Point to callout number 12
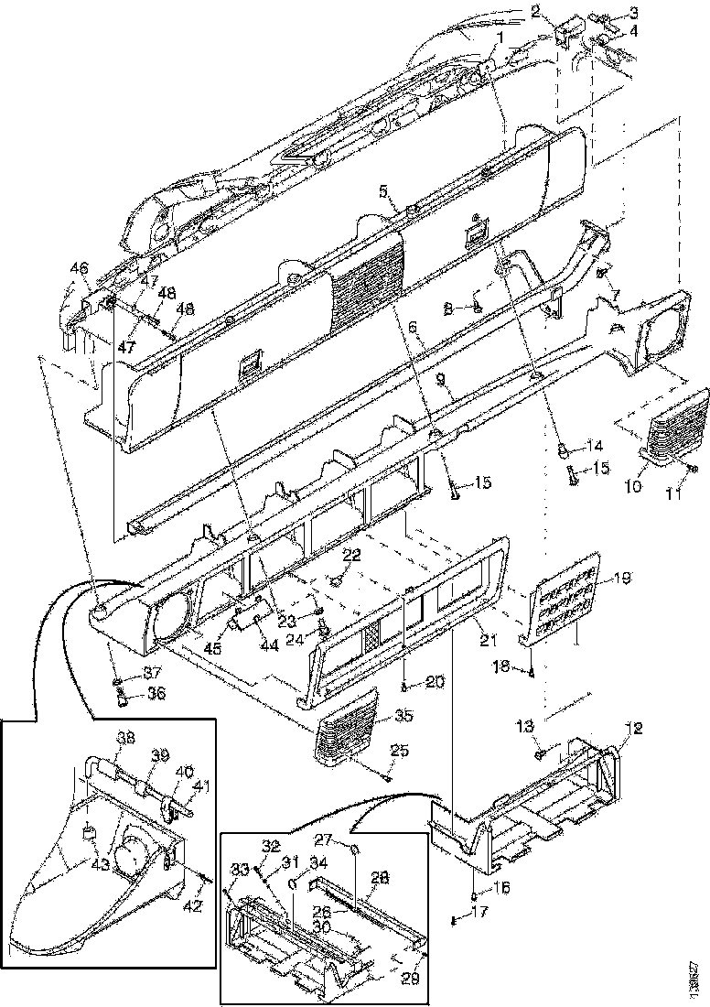click(x=635, y=729)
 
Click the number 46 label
click(x=80, y=268)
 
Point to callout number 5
click(x=384, y=191)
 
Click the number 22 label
click(x=351, y=556)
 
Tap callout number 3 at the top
click(x=633, y=12)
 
